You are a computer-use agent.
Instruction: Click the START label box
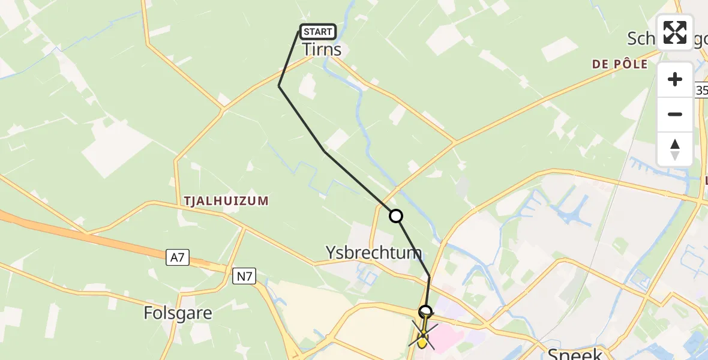coord(317,32)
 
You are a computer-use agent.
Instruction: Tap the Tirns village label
coord(322,49)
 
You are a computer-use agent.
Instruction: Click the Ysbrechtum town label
coord(373,252)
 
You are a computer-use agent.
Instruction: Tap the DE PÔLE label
coord(620,64)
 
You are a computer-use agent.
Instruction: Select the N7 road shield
coord(244,276)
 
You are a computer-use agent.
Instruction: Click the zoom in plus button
coord(675,79)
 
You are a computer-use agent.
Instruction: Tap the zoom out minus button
coord(675,114)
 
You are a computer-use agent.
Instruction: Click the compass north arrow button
coord(675,149)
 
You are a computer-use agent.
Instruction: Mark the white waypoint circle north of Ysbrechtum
coord(396,216)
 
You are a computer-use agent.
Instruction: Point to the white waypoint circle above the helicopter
coord(425,311)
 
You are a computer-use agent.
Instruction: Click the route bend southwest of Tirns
coord(279,86)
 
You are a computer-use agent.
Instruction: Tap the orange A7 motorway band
coord(90,237)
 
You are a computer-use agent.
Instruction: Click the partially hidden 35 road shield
coord(702,91)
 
